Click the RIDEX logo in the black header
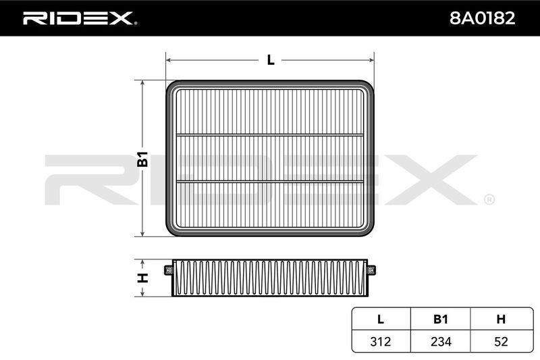(x=80, y=18)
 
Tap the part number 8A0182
(x=482, y=18)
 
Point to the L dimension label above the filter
(x=271, y=60)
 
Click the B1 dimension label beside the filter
(x=142, y=159)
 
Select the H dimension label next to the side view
(x=142, y=278)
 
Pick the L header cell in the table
(x=381, y=319)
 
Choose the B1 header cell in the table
(x=441, y=319)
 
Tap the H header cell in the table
(x=502, y=319)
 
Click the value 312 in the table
(x=381, y=342)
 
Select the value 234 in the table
(x=441, y=342)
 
